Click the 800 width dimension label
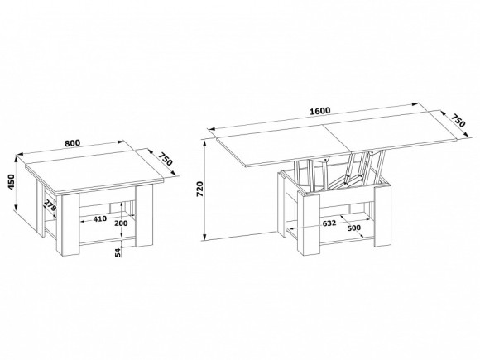72,142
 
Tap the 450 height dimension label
12,182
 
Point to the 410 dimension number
100,218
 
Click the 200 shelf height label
121,223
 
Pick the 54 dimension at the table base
118,252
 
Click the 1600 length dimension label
320,111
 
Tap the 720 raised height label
199,189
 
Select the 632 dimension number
329,223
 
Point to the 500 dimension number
354,228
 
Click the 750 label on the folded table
166,159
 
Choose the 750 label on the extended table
458,120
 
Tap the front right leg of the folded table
144,214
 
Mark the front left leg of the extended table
308,223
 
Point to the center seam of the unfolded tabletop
337,138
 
